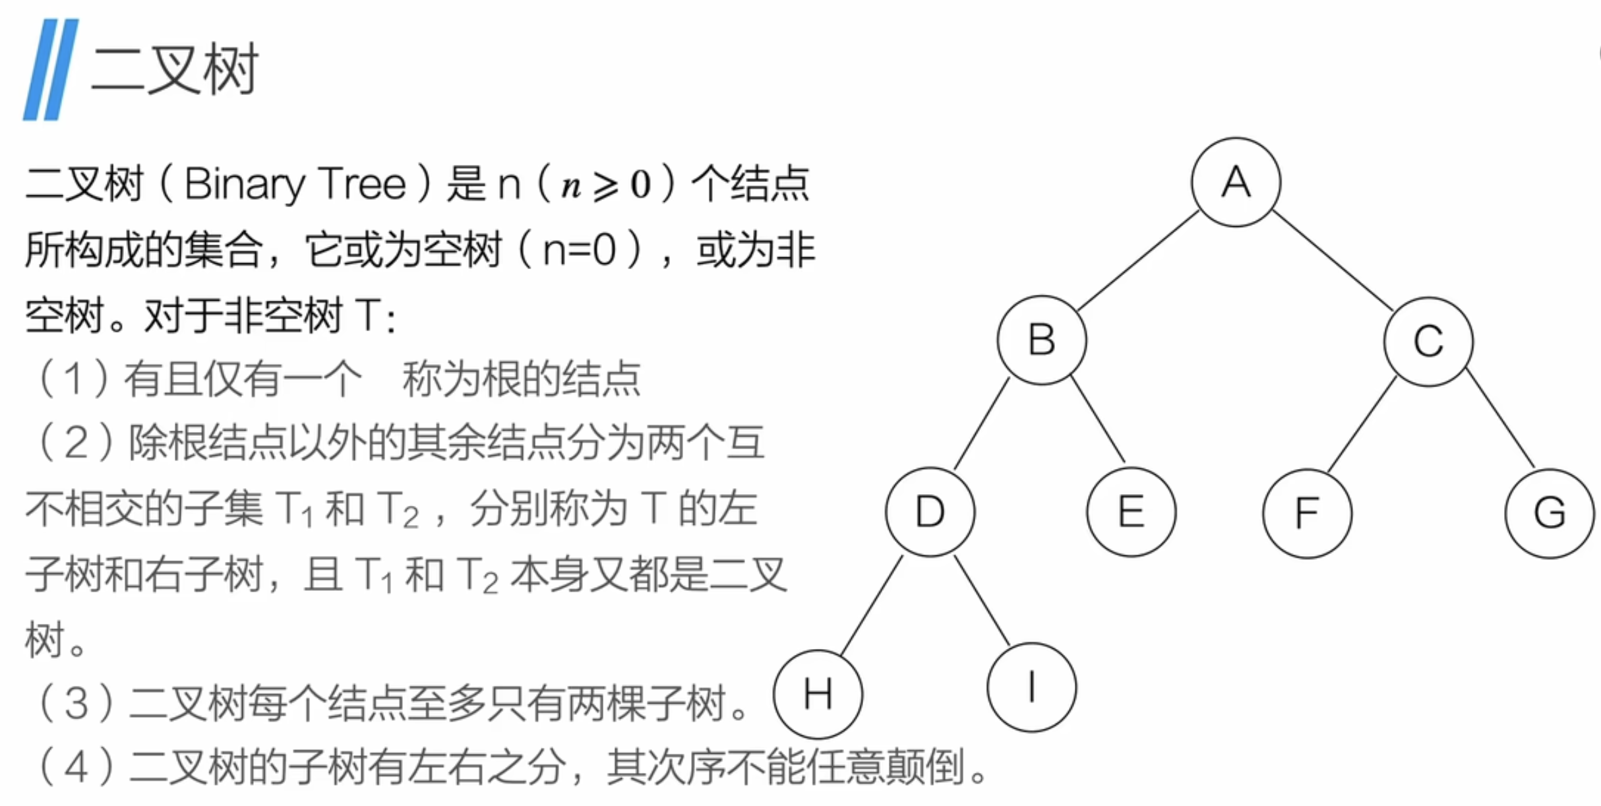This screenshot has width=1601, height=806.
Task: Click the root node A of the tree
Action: (x=1236, y=182)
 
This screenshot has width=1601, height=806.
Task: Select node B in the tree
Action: (x=1042, y=340)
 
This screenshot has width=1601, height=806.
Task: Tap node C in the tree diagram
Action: (x=1428, y=342)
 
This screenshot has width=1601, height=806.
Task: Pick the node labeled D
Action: (x=930, y=512)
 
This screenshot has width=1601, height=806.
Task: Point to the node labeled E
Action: (x=1131, y=512)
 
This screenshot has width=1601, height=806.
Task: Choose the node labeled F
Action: (x=1307, y=513)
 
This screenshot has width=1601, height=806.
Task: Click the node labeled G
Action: (x=1550, y=513)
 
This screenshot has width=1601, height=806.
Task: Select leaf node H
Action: (x=818, y=694)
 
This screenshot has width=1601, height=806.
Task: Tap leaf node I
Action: (x=1031, y=687)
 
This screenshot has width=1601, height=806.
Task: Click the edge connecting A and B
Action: (x=1139, y=261)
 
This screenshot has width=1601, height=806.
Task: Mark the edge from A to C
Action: (x=1332, y=261)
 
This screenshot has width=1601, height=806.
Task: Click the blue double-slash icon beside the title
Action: (x=51, y=69)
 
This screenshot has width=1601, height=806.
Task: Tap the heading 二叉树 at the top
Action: (x=175, y=69)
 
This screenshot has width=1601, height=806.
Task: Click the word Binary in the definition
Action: (x=244, y=185)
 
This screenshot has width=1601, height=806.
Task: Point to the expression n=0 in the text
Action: (x=579, y=251)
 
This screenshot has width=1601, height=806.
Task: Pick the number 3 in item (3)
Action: (x=76, y=704)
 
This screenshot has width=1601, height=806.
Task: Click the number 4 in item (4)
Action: (x=76, y=768)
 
